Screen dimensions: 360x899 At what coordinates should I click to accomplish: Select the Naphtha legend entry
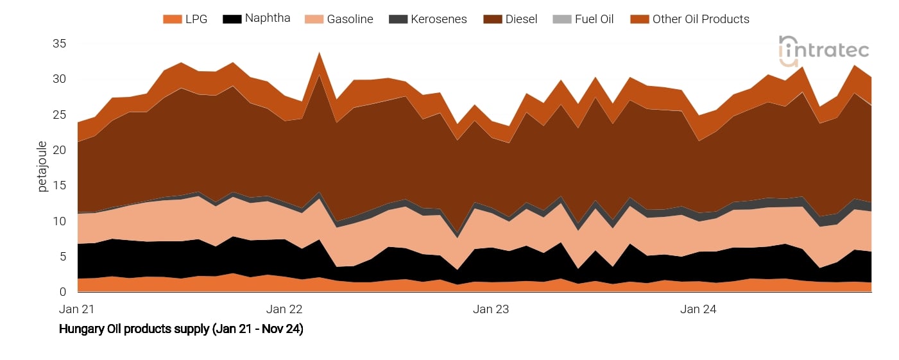[x=256, y=19]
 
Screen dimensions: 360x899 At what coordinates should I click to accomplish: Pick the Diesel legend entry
[x=510, y=19]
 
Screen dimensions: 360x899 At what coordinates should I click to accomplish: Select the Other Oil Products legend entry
[x=690, y=19]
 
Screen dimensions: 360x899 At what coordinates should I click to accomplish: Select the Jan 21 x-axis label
[x=77, y=309]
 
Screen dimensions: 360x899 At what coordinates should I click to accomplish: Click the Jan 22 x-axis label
[x=284, y=309]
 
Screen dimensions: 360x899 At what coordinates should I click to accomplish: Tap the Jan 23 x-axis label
[x=491, y=309]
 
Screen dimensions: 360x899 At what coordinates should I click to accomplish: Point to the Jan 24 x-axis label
[x=698, y=309]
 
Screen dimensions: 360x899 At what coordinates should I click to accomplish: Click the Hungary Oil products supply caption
[x=181, y=329]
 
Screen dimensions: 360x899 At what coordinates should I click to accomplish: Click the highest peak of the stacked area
[x=319, y=53]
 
